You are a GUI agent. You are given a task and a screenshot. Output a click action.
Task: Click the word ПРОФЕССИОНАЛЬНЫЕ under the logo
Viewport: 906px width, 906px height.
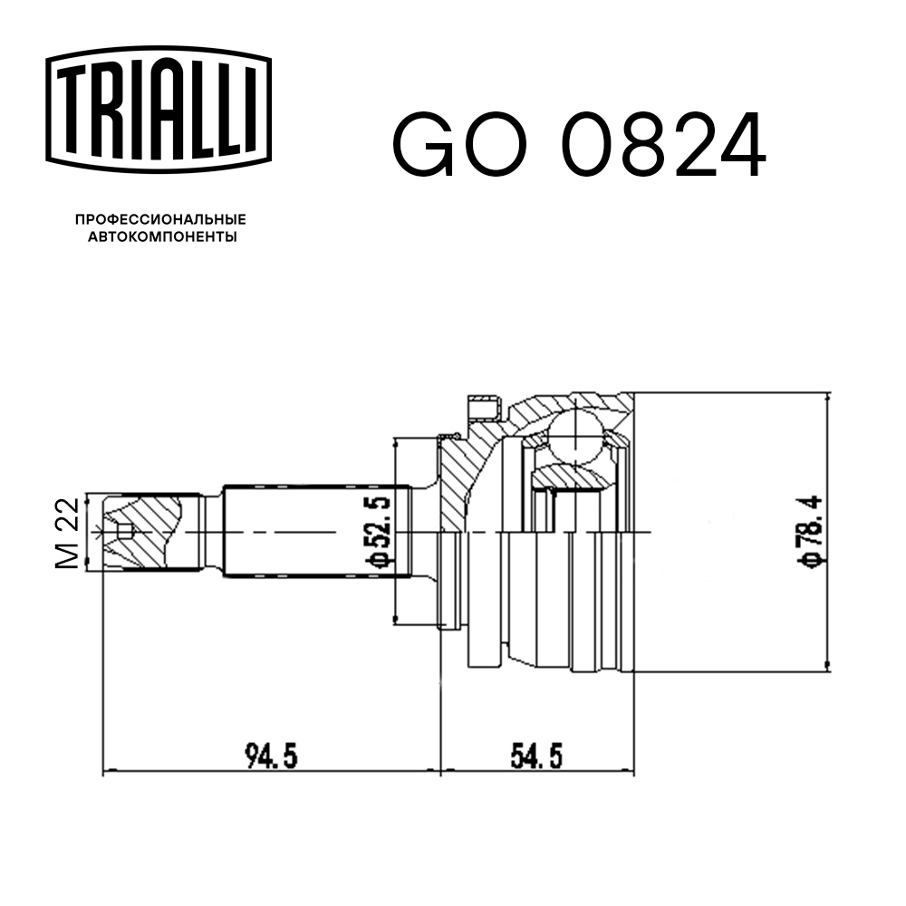(x=160, y=220)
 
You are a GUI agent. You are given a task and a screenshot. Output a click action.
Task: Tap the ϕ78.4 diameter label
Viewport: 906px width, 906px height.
(x=809, y=533)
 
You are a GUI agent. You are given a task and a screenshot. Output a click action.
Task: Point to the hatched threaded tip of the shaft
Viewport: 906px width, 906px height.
(x=145, y=532)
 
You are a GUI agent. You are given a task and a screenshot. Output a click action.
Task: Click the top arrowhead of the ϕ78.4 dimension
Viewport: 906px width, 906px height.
(x=827, y=399)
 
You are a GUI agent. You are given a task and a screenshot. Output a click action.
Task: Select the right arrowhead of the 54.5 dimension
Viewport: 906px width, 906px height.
(x=630, y=772)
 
